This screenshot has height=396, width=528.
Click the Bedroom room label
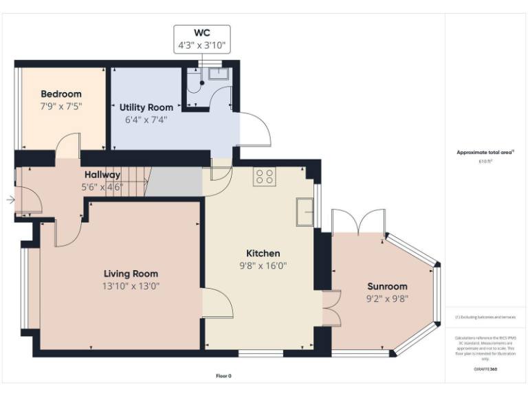[x=61, y=94]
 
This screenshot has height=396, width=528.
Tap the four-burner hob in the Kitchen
[x=265, y=177]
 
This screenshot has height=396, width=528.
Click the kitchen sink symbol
[x=305, y=211]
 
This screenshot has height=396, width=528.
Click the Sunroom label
[x=387, y=286]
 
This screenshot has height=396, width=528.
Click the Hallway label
[x=102, y=175]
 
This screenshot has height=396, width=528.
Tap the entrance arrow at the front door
[x=10, y=200]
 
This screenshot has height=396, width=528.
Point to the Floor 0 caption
[x=223, y=376]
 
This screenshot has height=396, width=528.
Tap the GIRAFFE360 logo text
[x=485, y=369]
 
